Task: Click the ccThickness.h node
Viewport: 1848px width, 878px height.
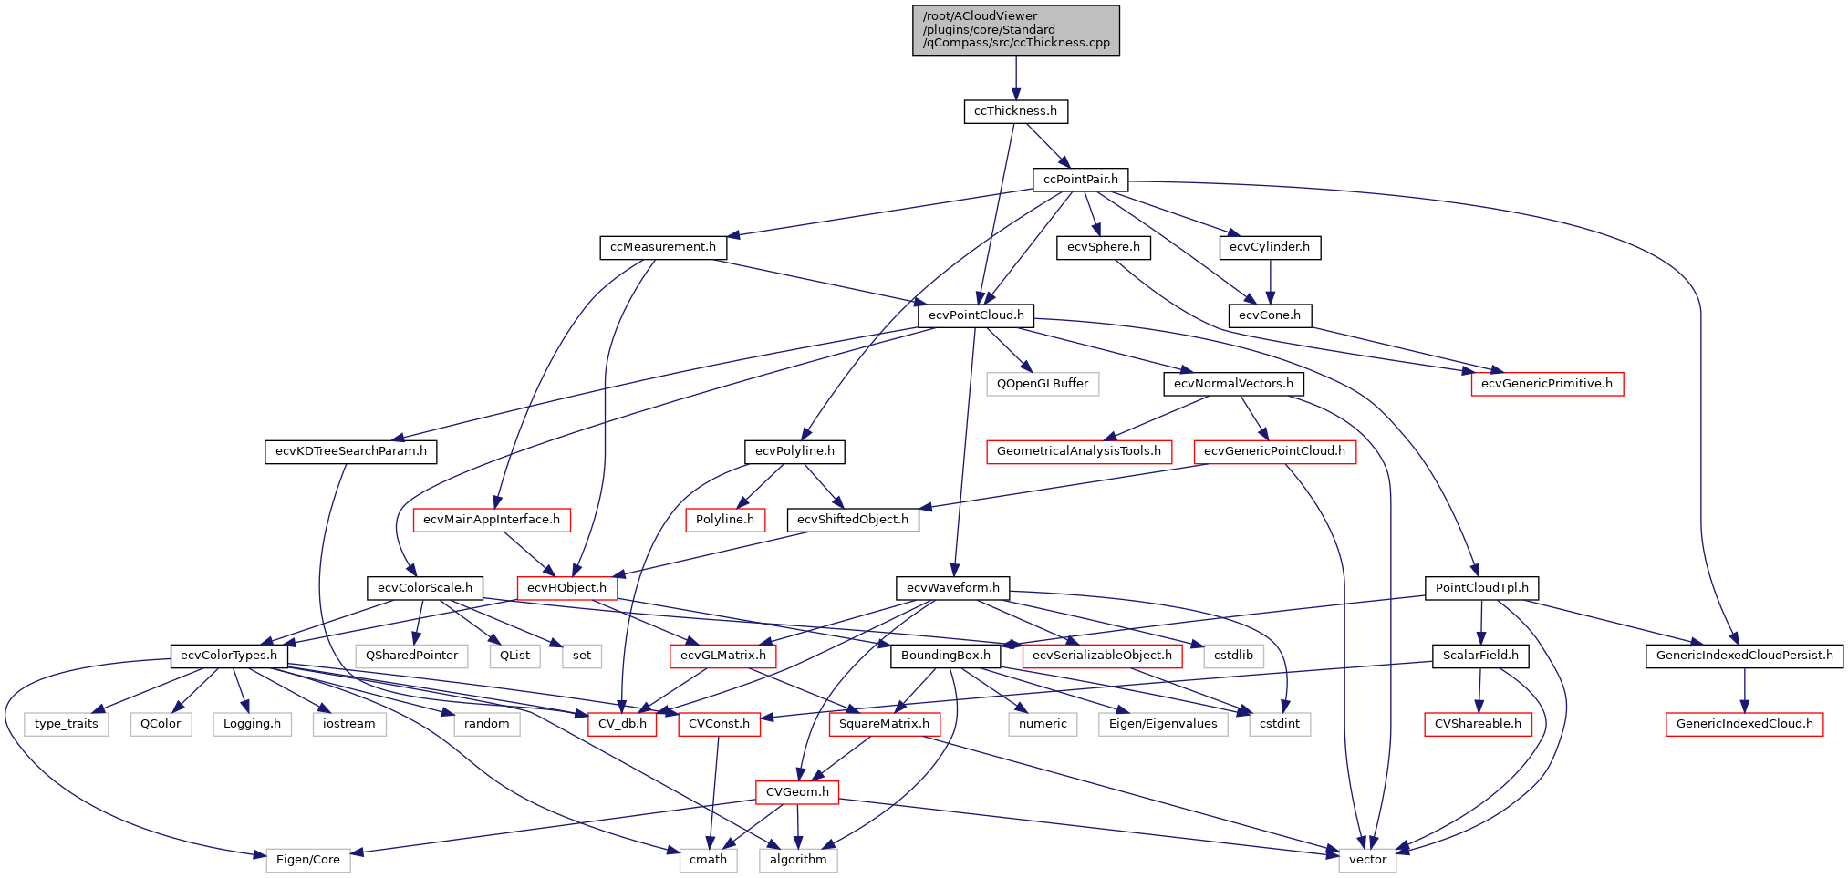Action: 1015,111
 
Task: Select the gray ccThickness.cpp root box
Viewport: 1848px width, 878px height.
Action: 1015,30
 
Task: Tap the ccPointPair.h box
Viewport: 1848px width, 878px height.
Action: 1080,180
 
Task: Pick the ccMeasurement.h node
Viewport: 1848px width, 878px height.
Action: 662,247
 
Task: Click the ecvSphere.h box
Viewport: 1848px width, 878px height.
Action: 1103,247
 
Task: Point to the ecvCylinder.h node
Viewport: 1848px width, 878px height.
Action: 1269,247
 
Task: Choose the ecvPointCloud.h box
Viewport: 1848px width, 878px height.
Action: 975,315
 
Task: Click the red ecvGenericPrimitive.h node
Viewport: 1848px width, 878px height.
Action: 1546,384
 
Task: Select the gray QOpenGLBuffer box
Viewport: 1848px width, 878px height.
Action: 1042,384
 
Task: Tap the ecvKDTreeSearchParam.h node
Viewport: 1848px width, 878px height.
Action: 350,451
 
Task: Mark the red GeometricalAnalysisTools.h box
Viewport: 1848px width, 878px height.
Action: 1078,451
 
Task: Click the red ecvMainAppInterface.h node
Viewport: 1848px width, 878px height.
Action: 491,520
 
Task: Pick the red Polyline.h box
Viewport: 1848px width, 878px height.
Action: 724,520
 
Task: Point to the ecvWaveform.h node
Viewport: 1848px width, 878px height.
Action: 952,588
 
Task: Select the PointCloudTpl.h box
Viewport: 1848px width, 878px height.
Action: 1481,588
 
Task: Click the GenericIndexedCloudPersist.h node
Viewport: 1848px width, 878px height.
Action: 1744,656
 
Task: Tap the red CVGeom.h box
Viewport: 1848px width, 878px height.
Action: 796,792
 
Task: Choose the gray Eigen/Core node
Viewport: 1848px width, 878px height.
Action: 307,860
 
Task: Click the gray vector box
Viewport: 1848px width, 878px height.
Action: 1366,860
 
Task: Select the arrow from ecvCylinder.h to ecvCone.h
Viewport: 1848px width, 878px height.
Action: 1270,282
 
